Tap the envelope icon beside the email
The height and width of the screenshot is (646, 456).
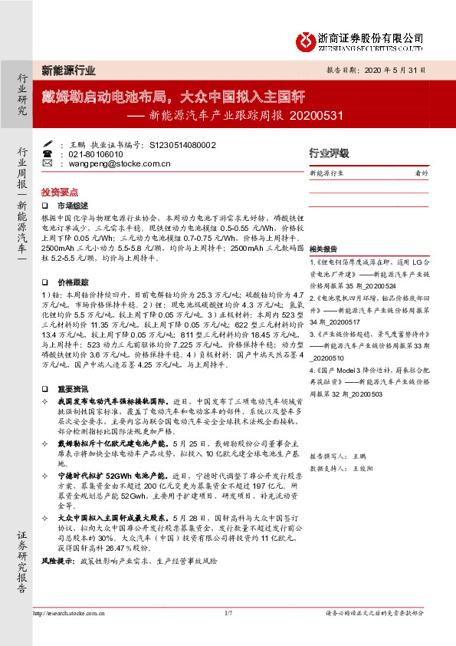[x=47, y=163]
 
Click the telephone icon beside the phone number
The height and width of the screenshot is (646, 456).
[x=47, y=153]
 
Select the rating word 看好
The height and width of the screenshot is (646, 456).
[x=421, y=173]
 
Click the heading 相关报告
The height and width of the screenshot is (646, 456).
[x=323, y=250]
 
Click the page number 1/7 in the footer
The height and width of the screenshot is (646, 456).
[x=228, y=614]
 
